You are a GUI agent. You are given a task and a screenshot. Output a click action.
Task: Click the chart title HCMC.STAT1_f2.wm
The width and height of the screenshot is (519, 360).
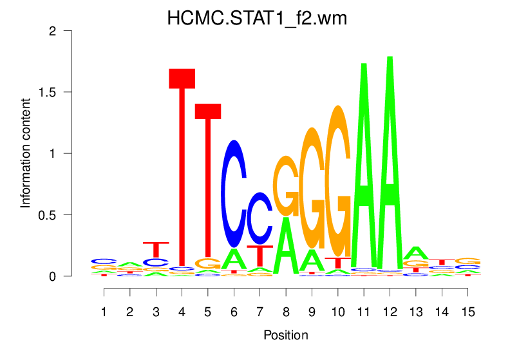pos(257,18)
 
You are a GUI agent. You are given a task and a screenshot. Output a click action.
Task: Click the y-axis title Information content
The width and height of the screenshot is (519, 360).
pos(26,153)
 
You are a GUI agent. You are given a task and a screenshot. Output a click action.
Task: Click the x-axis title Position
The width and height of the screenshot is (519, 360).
pos(286,336)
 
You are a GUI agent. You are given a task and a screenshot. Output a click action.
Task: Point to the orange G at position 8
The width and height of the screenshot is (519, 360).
pos(286,186)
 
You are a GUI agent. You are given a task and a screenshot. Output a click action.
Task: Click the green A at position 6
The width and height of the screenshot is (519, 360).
pos(234,260)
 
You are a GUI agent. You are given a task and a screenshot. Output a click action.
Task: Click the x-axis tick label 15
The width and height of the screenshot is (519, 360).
pos(467,312)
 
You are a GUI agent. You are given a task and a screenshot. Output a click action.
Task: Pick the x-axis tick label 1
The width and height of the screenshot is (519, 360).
pos(104,312)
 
